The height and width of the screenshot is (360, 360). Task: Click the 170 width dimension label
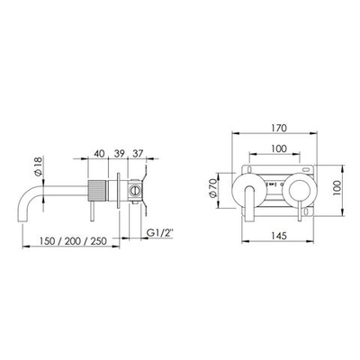point(279,128)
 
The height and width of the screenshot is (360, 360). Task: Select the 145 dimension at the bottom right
point(279,236)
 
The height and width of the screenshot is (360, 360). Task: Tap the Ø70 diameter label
point(212,188)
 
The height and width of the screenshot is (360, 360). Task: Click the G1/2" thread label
point(160,233)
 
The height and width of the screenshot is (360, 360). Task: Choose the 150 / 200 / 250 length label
point(72,241)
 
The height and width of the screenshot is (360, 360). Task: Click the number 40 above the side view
point(99,154)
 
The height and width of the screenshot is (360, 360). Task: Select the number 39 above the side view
point(120,154)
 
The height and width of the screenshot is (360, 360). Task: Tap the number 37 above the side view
point(138,154)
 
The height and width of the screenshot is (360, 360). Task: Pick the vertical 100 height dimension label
point(337,188)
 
